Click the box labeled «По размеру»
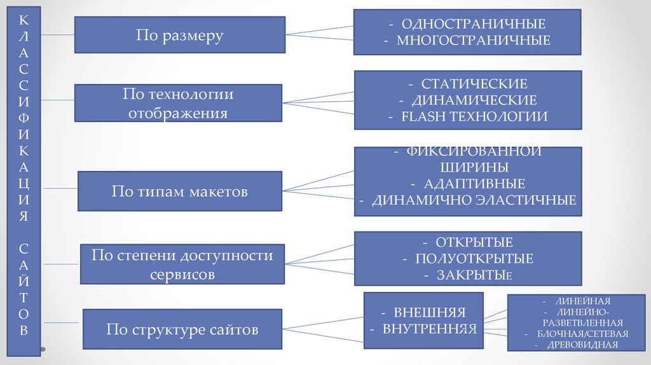179,35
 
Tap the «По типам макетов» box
179,191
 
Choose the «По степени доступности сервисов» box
182,265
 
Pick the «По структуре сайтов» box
182,329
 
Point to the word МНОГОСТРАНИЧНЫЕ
474,41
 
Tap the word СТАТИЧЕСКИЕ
474,84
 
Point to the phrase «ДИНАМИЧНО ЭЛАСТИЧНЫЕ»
474,200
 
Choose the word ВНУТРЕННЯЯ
430,329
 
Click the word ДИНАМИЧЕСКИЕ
474,100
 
